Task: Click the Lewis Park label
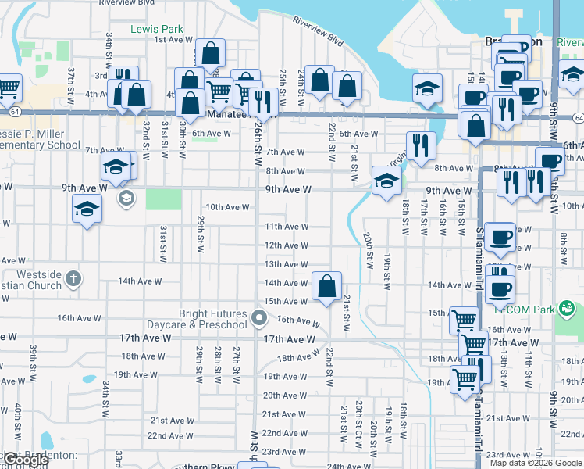click(x=157, y=29)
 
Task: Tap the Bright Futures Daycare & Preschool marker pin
click(x=260, y=319)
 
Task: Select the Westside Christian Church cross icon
click(x=73, y=278)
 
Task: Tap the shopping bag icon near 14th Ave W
click(x=326, y=286)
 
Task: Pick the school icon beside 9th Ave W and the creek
click(x=386, y=181)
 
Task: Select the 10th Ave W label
click(x=226, y=207)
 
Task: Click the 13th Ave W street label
click(x=286, y=266)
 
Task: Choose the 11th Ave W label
click(x=286, y=227)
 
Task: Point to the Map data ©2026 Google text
click(x=536, y=463)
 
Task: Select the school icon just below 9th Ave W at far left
click(x=87, y=209)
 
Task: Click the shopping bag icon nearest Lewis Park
click(x=210, y=53)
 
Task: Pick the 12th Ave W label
click(x=286, y=245)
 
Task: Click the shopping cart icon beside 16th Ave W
click(x=464, y=320)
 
